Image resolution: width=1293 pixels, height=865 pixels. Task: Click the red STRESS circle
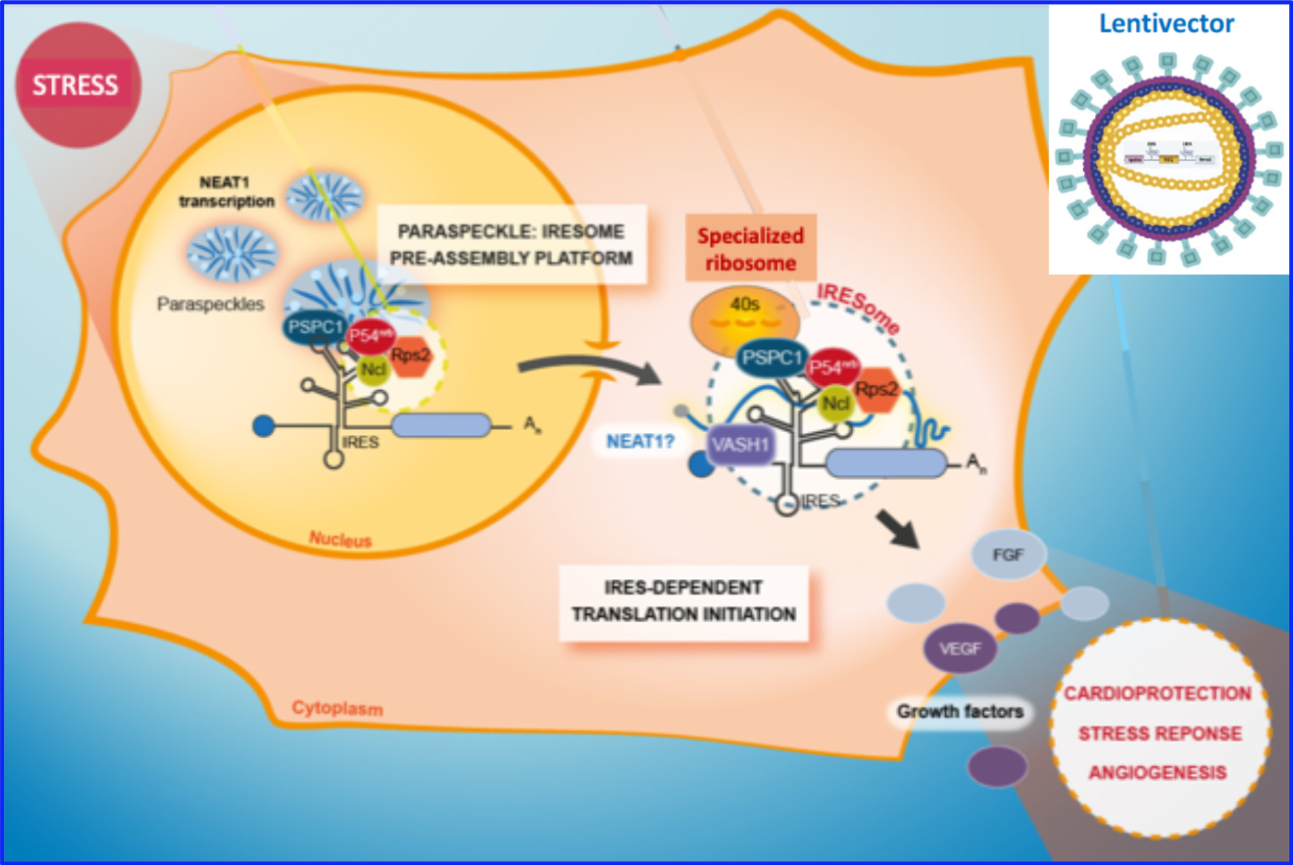pos(78,85)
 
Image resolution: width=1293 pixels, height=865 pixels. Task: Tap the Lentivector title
pos(1166,24)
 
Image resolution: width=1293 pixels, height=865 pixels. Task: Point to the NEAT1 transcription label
pos(226,192)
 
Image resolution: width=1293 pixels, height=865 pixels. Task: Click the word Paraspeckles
pos(210,304)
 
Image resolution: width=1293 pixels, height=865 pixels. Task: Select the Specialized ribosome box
pos(750,248)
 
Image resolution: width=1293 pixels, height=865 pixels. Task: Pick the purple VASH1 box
pos(740,445)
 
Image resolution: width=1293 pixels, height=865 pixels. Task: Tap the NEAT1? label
pos(640,441)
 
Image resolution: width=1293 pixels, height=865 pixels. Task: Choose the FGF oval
pos(1008,554)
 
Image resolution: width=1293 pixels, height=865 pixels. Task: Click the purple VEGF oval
pos(960,648)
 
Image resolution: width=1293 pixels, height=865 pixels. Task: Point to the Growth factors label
pos(960,712)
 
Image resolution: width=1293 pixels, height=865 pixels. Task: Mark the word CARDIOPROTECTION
pos(1157,694)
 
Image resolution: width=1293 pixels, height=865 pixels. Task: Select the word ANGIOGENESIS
pos(1157,773)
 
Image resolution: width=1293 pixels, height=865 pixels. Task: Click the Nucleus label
pos(340,540)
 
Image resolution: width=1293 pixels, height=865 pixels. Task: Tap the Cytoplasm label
pos(337,708)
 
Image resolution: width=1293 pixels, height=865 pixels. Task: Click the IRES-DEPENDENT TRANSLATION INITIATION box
pos(683,602)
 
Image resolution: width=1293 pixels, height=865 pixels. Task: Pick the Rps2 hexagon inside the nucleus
pos(410,355)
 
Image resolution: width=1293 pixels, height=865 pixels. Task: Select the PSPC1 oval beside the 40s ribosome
pos(771,357)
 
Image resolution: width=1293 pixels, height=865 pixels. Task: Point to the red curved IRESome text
pos(859,308)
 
